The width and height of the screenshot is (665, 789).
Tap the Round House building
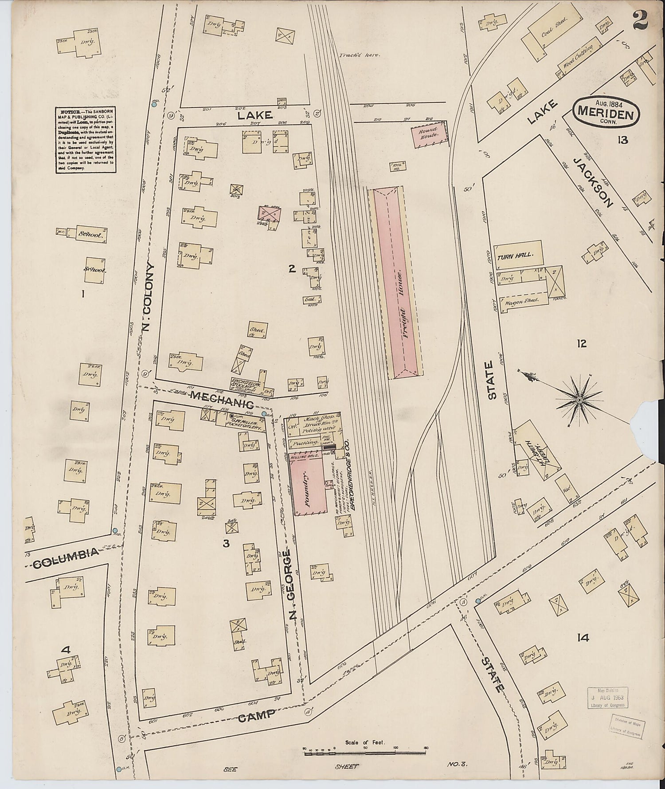(x=429, y=136)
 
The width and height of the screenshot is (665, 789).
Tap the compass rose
(x=579, y=400)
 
